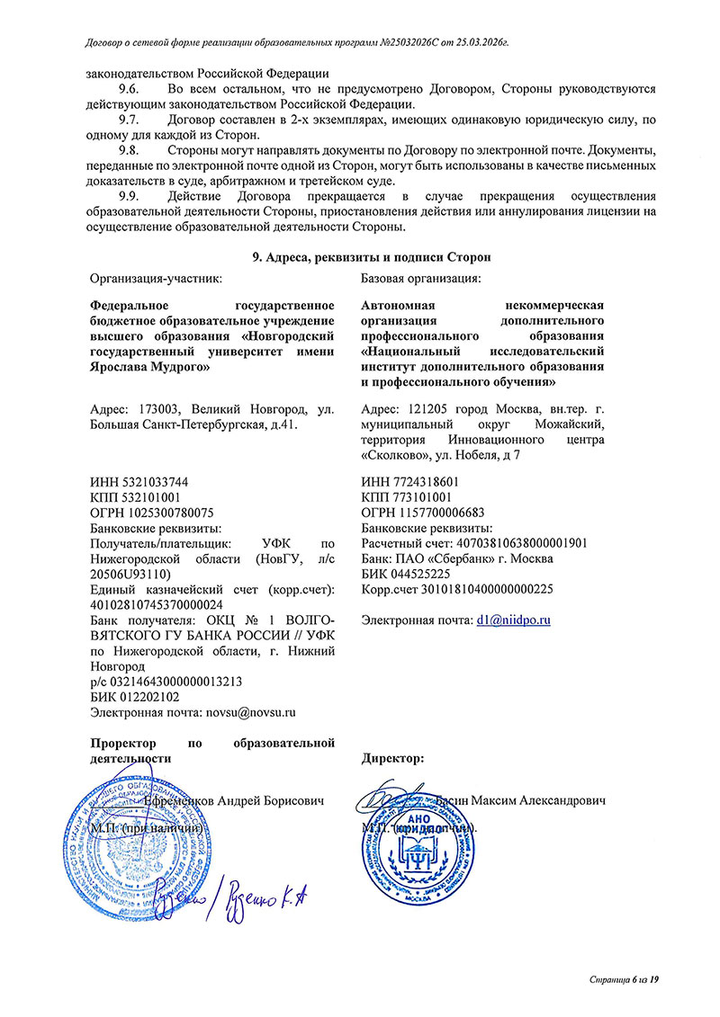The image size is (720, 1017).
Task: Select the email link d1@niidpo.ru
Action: click(514, 620)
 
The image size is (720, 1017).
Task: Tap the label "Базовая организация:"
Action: click(420, 279)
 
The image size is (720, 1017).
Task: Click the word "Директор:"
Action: click(392, 759)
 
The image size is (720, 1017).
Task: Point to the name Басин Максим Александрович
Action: click(519, 799)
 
